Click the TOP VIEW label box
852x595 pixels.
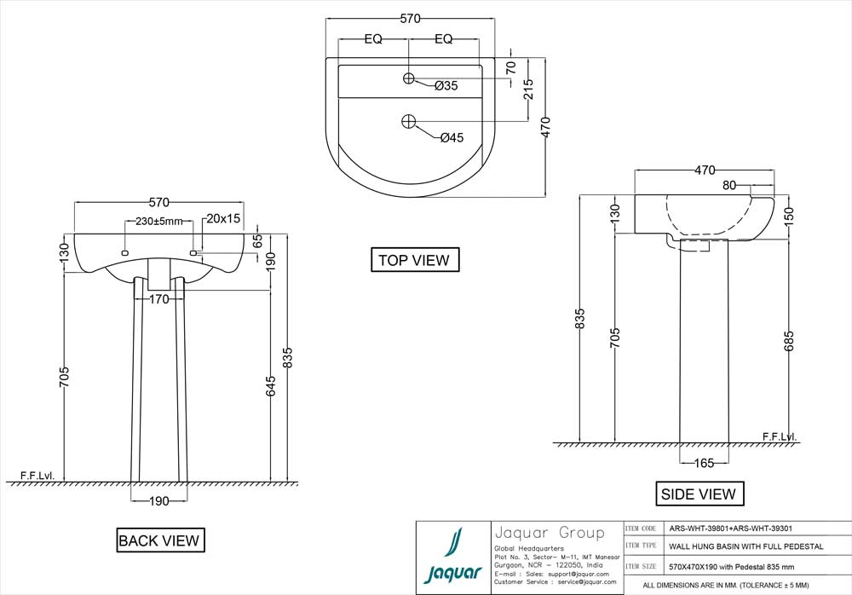coord(415,260)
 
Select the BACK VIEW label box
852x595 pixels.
coord(159,540)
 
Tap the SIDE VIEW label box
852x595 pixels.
coord(698,494)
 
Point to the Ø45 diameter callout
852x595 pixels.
coord(452,138)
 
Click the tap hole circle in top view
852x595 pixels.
coord(409,78)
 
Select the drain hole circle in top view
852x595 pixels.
coord(409,121)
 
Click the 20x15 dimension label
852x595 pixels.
coord(223,219)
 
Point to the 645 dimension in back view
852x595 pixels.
coord(271,386)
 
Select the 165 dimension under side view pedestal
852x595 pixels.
coord(703,463)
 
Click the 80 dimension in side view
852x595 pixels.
coord(730,185)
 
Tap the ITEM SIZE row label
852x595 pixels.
coord(641,565)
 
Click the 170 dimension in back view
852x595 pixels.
coord(159,299)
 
